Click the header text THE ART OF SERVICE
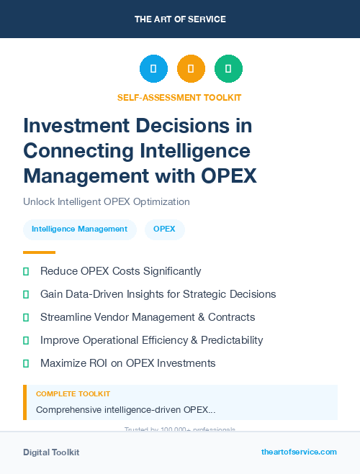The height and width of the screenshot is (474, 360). [x=179, y=19]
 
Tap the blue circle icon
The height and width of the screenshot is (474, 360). [x=153, y=69]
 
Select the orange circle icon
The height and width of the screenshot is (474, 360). [x=191, y=69]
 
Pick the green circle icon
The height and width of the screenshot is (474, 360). [x=228, y=69]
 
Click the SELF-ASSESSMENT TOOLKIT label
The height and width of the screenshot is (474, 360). [x=179, y=97]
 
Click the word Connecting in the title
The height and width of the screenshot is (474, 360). [x=80, y=151]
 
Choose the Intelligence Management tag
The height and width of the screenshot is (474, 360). [x=79, y=229]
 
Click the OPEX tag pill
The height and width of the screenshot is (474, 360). [x=164, y=229]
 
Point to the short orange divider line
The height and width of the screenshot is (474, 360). [x=39, y=252]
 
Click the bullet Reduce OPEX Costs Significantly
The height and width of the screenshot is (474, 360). [x=120, y=271]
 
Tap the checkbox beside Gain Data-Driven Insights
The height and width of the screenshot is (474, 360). [x=26, y=294]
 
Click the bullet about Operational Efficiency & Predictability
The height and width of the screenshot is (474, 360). [x=151, y=340]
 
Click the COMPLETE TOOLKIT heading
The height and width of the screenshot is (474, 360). [x=73, y=394]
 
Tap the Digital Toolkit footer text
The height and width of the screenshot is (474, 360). [x=51, y=452]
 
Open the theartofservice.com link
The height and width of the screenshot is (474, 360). [x=299, y=452]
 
